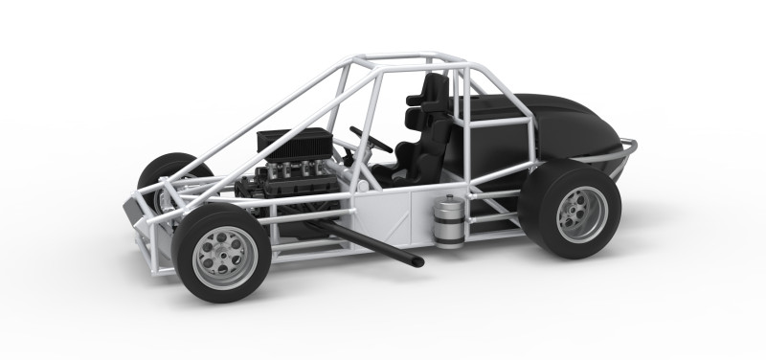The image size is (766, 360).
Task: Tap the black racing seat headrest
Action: coord(434,91)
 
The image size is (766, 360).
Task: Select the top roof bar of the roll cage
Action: coord(402,60)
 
